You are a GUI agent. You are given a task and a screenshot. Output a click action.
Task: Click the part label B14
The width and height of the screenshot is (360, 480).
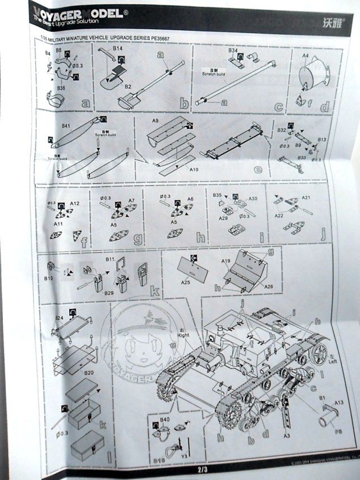[118, 50]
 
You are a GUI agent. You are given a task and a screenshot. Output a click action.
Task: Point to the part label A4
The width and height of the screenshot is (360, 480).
[306, 56]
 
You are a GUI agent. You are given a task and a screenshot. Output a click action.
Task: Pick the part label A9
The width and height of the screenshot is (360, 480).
[155, 120]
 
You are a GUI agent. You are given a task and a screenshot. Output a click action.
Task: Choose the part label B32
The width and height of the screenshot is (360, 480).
[282, 130]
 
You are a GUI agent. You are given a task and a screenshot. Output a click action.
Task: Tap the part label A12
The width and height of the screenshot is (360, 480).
[75, 203]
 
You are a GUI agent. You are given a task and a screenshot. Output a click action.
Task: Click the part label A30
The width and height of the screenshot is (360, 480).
[253, 199]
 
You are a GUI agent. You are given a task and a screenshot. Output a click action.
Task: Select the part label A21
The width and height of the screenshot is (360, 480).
[306, 199]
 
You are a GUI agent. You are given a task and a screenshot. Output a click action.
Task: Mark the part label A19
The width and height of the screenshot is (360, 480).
[226, 261]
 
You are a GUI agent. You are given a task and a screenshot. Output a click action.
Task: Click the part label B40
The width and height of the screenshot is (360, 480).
[165, 420]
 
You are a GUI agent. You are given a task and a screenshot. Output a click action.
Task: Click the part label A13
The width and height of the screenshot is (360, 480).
[339, 403]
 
